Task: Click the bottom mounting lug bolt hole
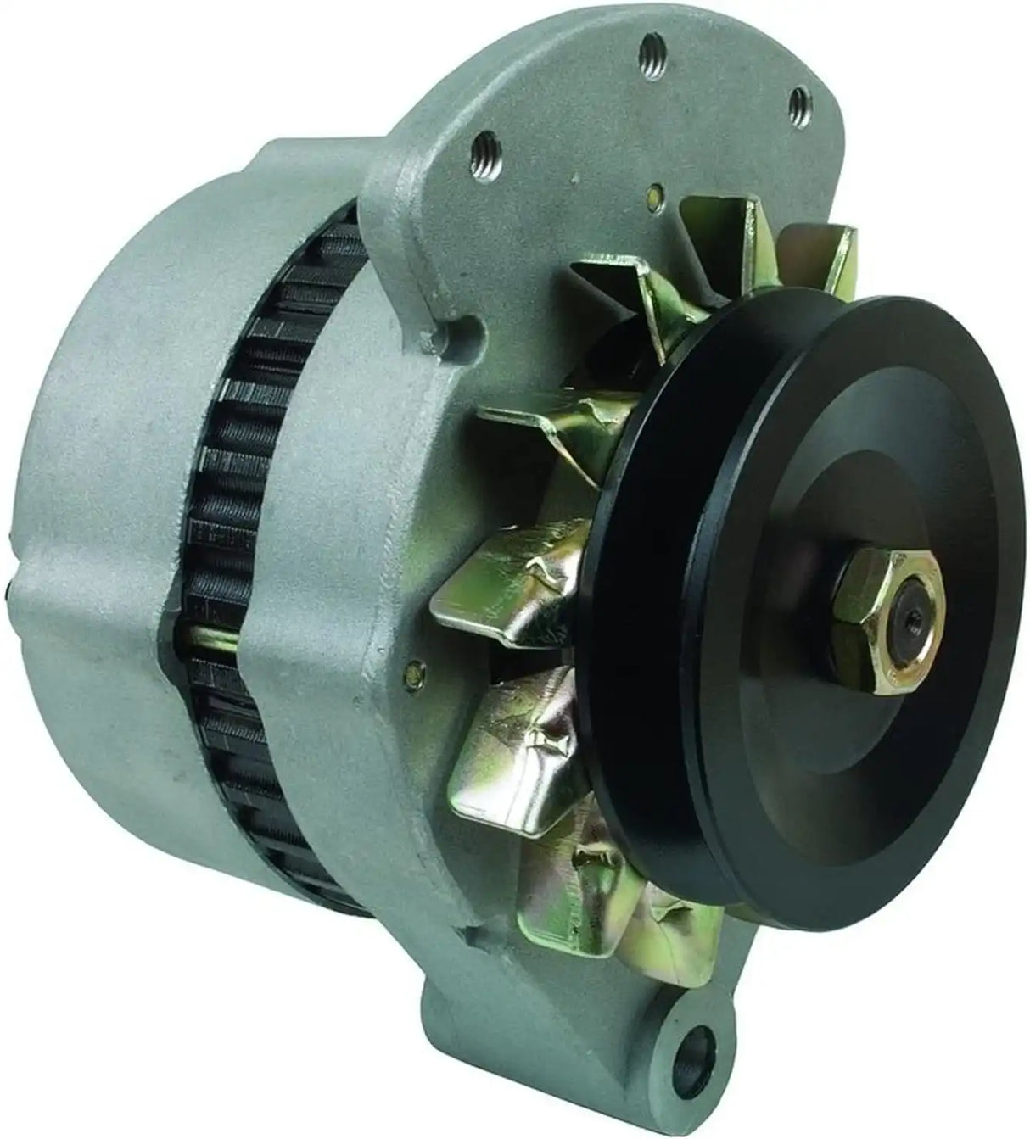coord(701,1046)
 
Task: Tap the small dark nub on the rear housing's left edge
coord(9,589)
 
